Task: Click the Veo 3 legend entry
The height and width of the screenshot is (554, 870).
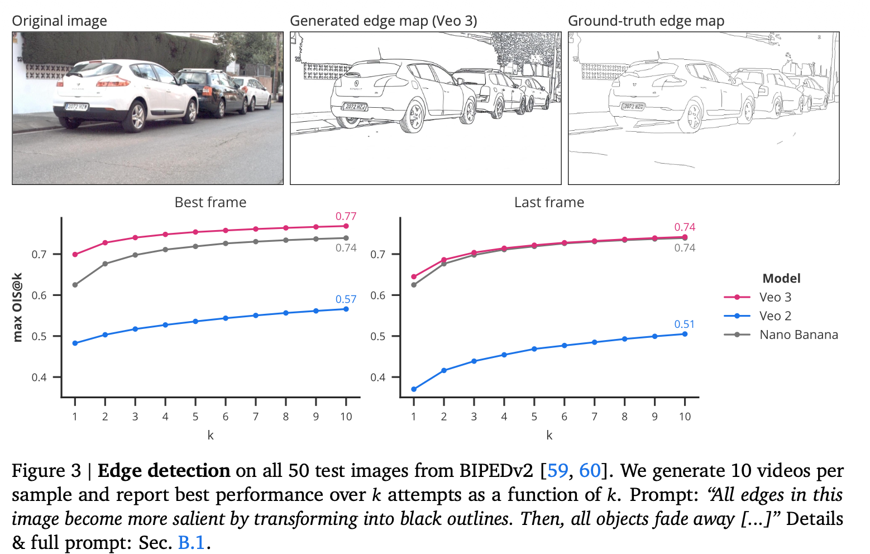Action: (x=775, y=297)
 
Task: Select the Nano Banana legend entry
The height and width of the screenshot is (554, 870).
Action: (x=798, y=335)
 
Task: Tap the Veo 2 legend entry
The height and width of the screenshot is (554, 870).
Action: (x=775, y=316)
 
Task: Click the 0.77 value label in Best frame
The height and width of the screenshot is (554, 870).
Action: (x=346, y=216)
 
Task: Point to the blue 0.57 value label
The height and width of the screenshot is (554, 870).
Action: (x=346, y=299)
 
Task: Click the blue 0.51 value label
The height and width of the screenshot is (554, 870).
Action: (x=684, y=324)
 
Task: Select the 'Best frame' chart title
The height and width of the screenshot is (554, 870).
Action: (x=210, y=202)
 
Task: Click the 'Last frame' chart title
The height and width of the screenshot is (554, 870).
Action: (x=549, y=202)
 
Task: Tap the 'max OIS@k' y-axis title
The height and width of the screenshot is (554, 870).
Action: (x=17, y=307)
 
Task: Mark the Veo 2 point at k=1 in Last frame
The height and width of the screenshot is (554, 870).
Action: (x=414, y=389)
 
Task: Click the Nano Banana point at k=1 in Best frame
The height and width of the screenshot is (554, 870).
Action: (x=75, y=285)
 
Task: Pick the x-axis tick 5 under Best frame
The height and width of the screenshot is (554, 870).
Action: (x=195, y=417)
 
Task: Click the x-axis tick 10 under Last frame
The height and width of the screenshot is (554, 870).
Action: (x=685, y=417)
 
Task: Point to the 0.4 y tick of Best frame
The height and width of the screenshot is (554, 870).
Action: (x=39, y=378)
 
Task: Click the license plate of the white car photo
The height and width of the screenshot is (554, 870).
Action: (x=77, y=107)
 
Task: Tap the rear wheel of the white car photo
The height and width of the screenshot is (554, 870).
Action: (x=136, y=117)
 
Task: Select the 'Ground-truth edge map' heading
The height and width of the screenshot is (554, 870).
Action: (x=646, y=21)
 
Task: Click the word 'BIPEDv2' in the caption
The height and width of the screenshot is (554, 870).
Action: (x=497, y=471)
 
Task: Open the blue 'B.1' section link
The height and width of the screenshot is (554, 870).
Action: (x=192, y=542)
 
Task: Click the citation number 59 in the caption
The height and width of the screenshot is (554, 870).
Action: (x=558, y=471)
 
